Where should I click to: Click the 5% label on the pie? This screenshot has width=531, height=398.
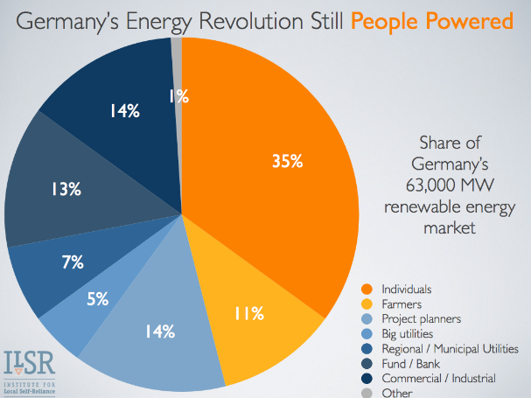coord(96,299)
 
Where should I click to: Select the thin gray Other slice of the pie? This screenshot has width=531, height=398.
coord(177,49)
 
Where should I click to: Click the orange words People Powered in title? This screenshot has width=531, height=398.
coord(437,19)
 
